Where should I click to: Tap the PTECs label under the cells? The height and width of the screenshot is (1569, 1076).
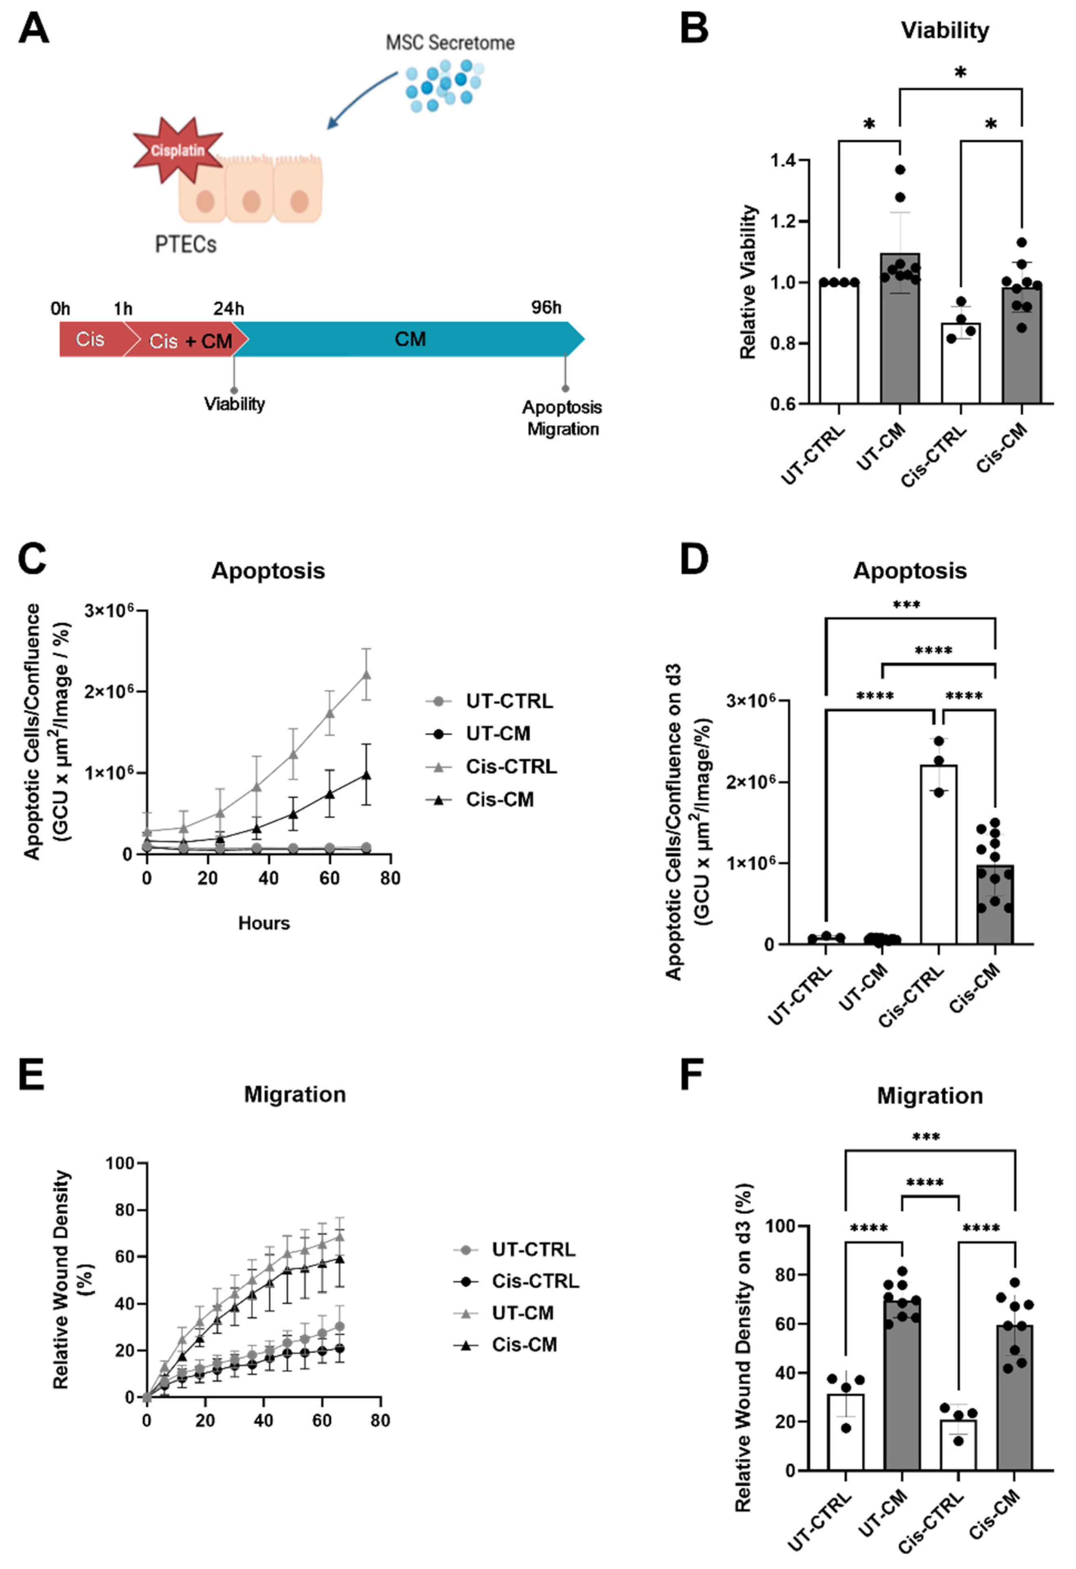(186, 244)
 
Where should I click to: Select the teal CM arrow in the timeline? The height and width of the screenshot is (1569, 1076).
(410, 339)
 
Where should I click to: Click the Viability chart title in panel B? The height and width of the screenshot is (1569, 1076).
(944, 31)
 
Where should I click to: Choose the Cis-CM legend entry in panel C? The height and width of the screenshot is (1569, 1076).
(500, 800)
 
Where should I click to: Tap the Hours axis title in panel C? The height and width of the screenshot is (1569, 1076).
(264, 923)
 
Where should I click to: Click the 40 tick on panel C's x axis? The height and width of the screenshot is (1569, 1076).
(269, 878)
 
